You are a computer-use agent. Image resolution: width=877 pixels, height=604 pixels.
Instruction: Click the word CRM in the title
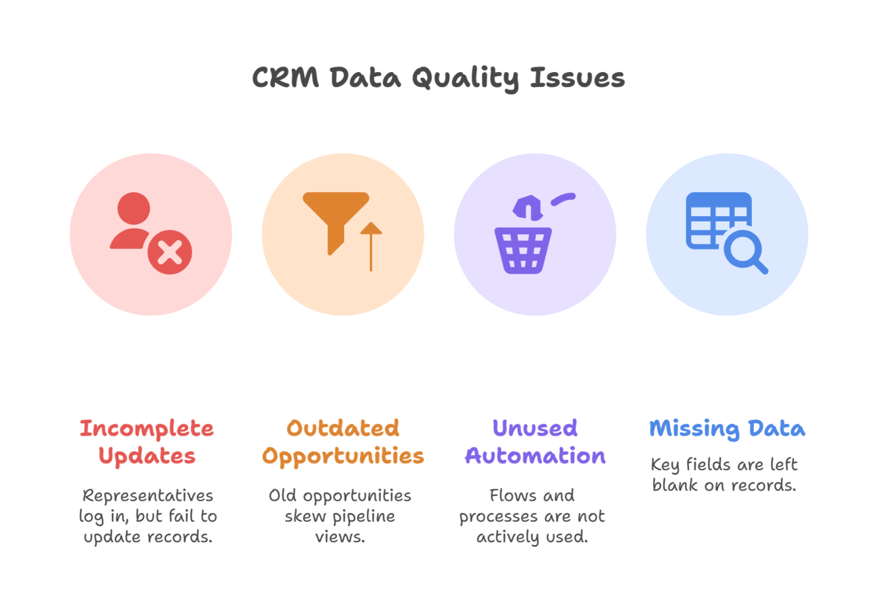[x=285, y=77]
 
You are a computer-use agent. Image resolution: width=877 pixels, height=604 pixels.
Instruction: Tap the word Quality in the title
[x=466, y=79]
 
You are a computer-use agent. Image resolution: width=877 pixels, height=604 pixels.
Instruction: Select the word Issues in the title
[x=578, y=77]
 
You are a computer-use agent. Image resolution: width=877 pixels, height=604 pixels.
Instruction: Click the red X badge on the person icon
[x=170, y=251]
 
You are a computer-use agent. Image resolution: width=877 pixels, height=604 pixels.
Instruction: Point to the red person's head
[x=134, y=208]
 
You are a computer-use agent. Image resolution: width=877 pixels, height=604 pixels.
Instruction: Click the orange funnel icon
[x=336, y=224]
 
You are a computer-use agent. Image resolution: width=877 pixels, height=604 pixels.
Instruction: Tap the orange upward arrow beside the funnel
[x=371, y=247]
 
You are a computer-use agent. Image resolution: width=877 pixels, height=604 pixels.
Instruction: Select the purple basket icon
[x=523, y=251]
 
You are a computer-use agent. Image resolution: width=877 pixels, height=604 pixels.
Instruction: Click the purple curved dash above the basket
[x=563, y=199]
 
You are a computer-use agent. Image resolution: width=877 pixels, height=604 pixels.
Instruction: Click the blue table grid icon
[x=719, y=220]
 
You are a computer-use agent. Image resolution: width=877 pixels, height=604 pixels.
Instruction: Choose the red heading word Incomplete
[x=147, y=429]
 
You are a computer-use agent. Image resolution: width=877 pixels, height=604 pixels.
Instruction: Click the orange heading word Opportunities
[x=343, y=457]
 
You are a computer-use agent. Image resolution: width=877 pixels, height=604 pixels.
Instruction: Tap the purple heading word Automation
[x=535, y=456]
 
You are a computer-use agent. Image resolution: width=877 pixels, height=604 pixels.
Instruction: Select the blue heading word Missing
[x=694, y=429]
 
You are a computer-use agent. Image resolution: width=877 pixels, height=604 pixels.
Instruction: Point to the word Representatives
[x=148, y=496]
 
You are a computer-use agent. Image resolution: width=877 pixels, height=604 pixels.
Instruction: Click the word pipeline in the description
[x=364, y=517]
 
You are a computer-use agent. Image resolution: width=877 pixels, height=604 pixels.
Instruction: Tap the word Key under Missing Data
[x=665, y=465]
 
